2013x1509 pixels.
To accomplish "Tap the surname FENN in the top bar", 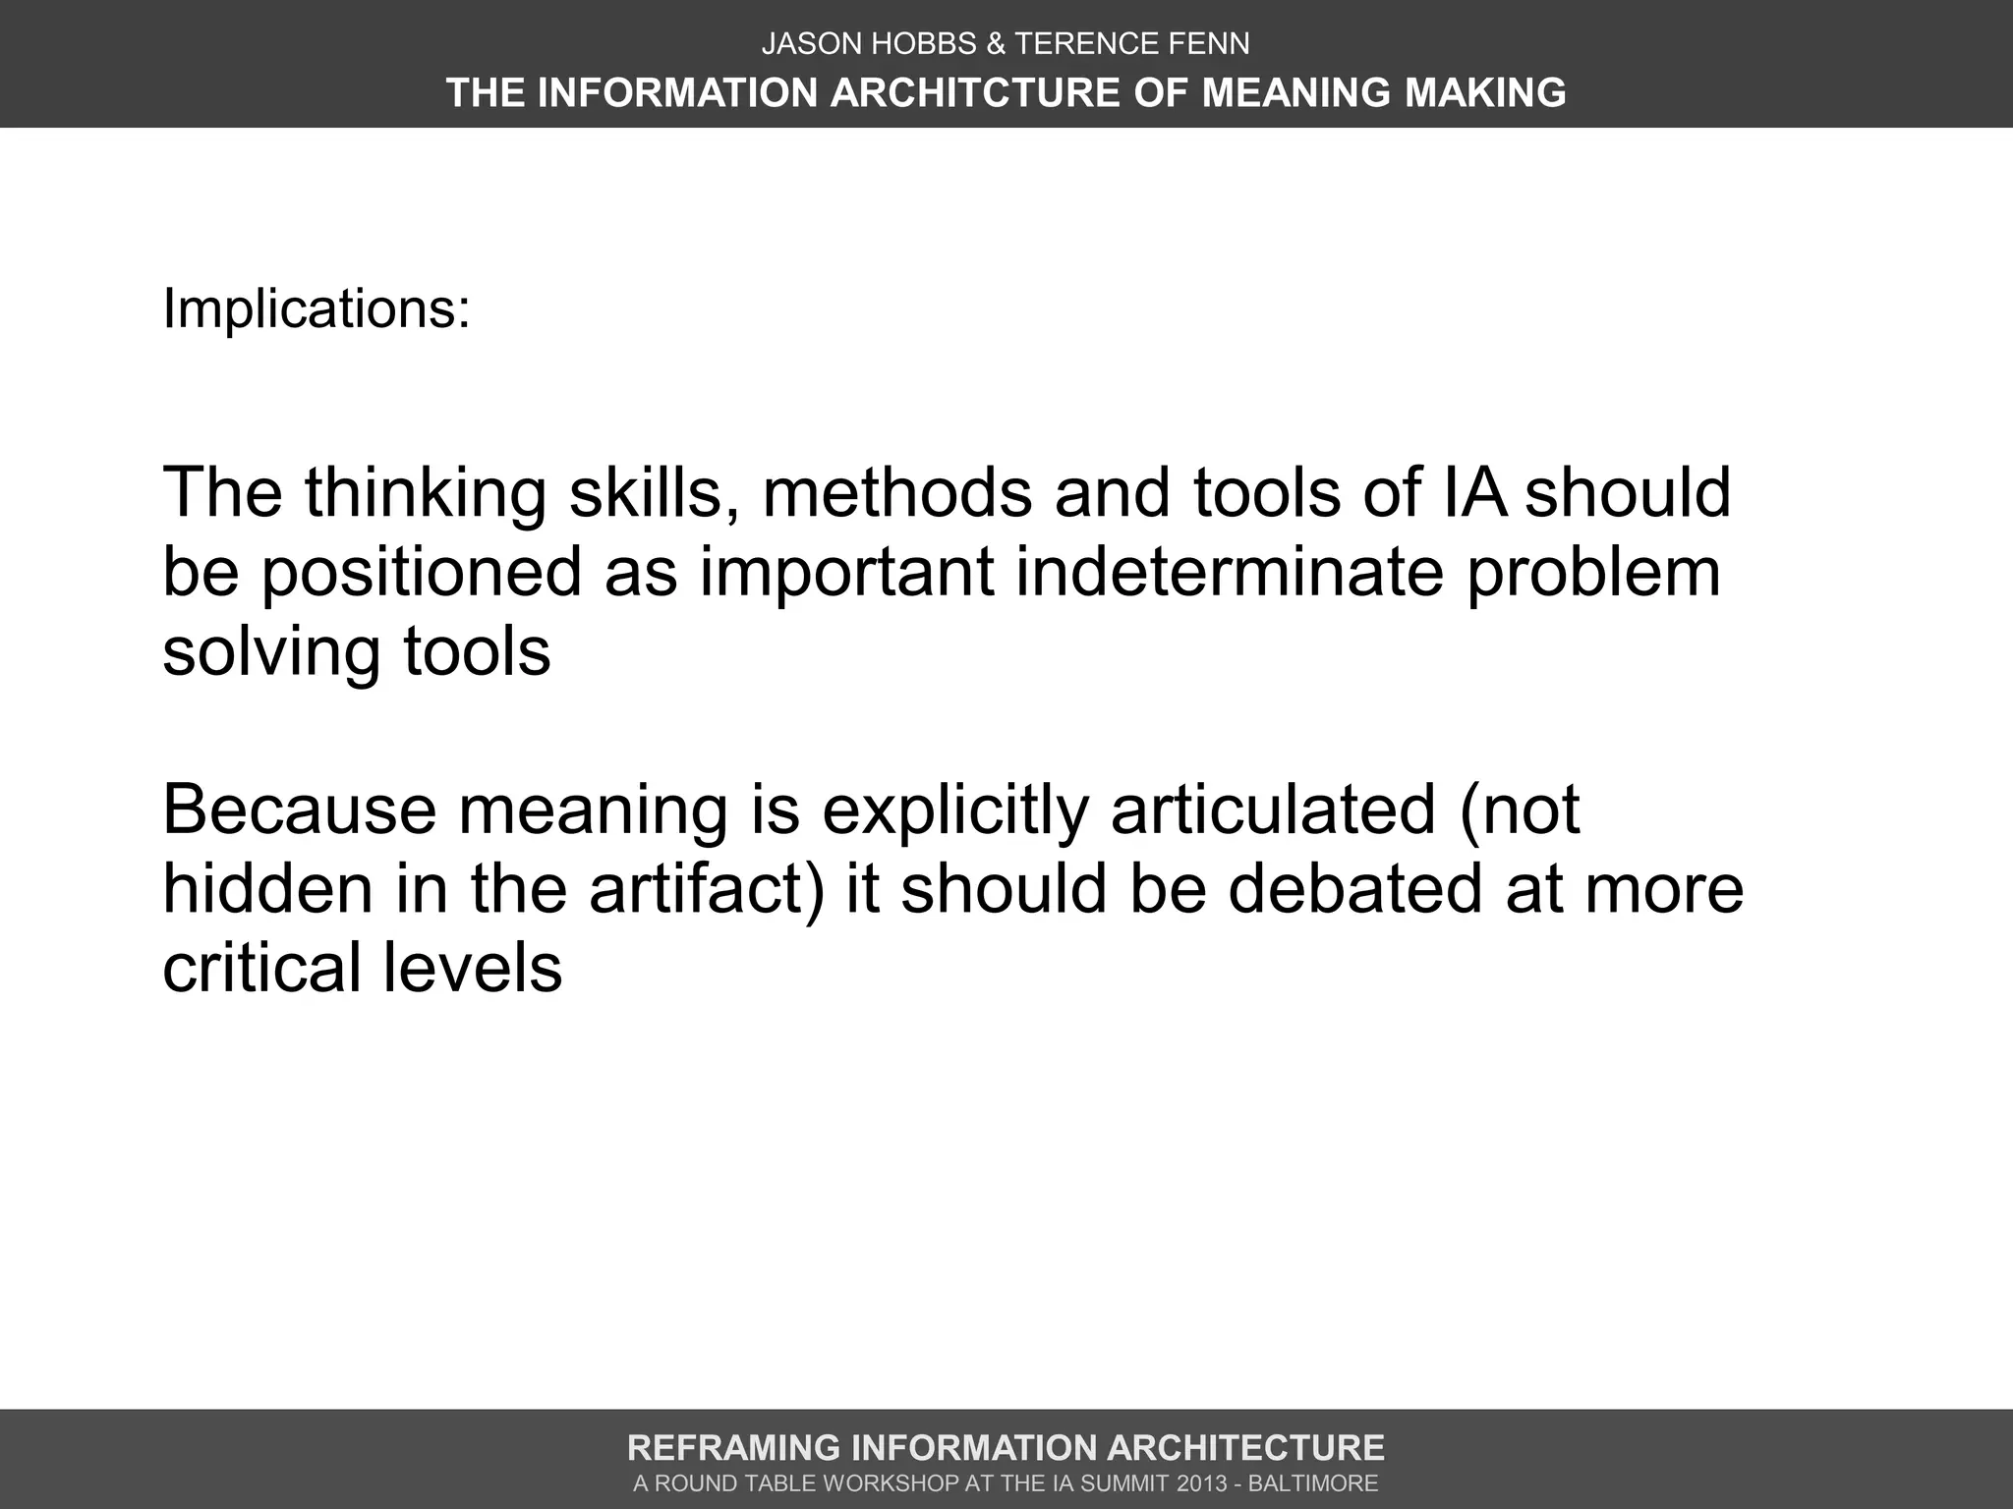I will [1214, 43].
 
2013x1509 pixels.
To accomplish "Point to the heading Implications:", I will [316, 308].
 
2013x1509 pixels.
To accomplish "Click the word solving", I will [271, 653].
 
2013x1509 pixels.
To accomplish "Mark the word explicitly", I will [955, 811].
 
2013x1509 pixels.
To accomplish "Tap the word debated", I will [1354, 889].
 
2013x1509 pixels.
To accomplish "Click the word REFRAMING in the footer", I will [733, 1448].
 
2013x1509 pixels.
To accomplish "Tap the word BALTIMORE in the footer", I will [1313, 1483].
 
